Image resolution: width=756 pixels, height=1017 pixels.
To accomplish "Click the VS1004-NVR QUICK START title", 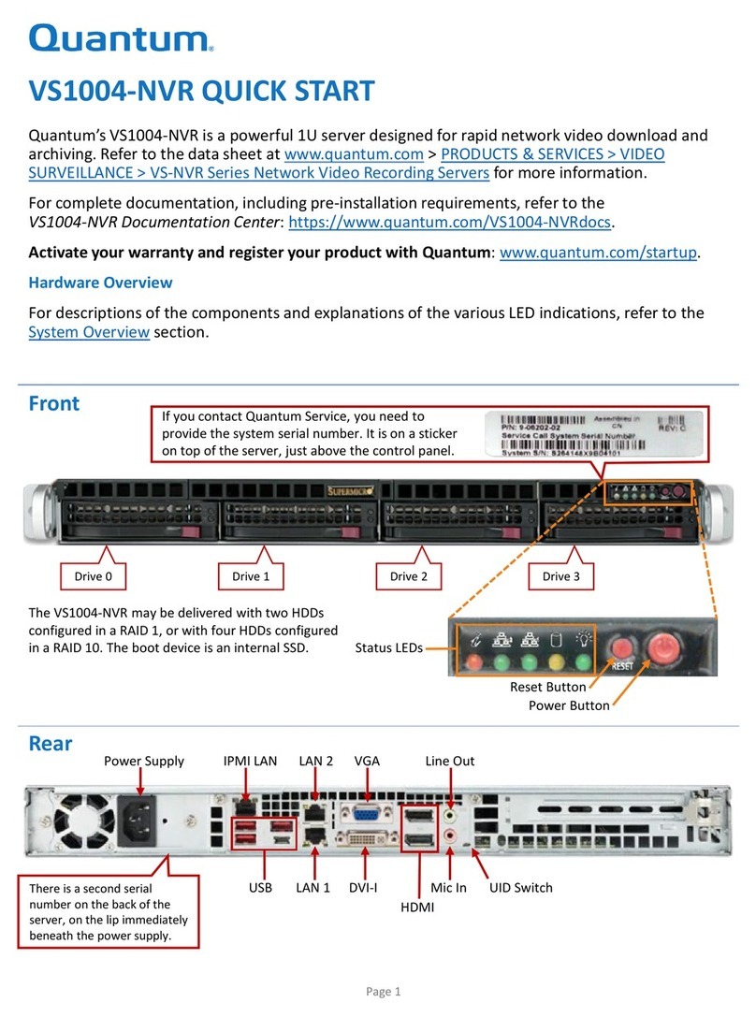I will [x=201, y=92].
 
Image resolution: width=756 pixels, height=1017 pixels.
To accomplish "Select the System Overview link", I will [x=89, y=332].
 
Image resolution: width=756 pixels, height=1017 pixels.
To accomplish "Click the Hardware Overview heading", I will [x=100, y=282].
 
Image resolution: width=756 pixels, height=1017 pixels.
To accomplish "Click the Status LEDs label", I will [x=388, y=647].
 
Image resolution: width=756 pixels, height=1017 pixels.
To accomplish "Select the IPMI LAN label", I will [x=250, y=761].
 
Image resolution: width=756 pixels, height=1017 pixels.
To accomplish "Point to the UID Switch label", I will [x=521, y=887].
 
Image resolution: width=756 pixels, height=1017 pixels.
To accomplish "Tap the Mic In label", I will [x=448, y=887].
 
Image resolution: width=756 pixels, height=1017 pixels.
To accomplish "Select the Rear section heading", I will [x=51, y=744].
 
